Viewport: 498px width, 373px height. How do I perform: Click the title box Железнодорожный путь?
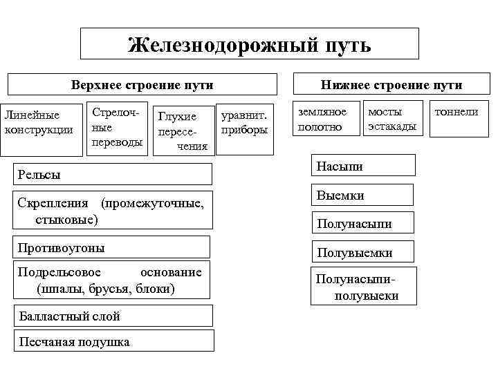pyautogui.click(x=250, y=44)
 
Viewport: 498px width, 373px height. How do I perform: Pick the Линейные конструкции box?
pyautogui.click(x=39, y=122)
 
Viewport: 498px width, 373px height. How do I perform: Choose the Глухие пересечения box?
pyautogui.click(x=182, y=131)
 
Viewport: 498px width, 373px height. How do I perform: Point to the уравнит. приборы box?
pyautogui.click(x=244, y=123)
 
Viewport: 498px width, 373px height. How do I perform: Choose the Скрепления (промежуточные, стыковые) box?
pyautogui.click(x=114, y=211)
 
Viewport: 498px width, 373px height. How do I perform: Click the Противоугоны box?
pyautogui.click(x=114, y=247)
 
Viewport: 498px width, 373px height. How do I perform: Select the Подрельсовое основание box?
pyautogui.click(x=114, y=280)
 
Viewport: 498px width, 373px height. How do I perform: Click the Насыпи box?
pyautogui.click(x=364, y=166)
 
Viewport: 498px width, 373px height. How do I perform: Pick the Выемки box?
pyautogui.click(x=364, y=195)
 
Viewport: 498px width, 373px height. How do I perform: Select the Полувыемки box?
pyautogui.click(x=364, y=252)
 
